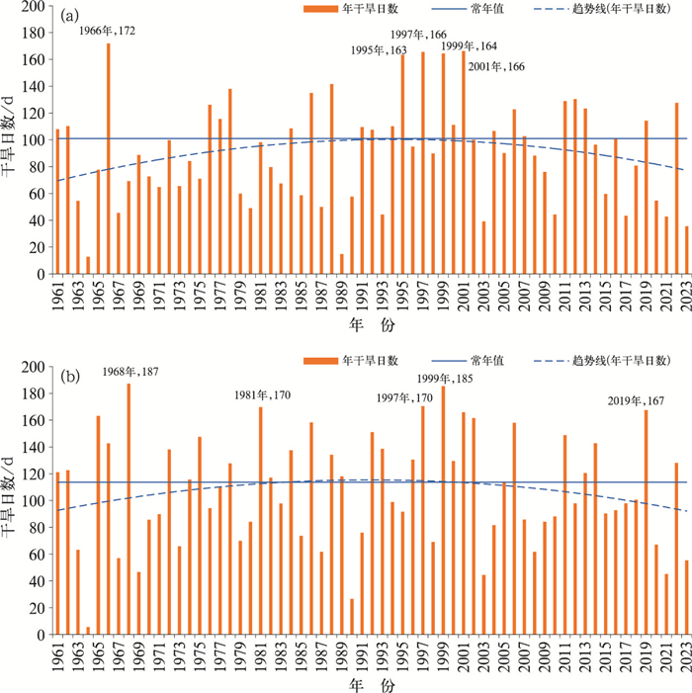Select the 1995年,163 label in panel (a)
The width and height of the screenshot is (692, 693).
click(381, 50)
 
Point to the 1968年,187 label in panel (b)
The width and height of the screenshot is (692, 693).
click(130, 372)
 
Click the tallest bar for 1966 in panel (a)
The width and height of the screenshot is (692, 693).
click(108, 158)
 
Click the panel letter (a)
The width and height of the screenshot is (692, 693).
click(70, 17)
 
